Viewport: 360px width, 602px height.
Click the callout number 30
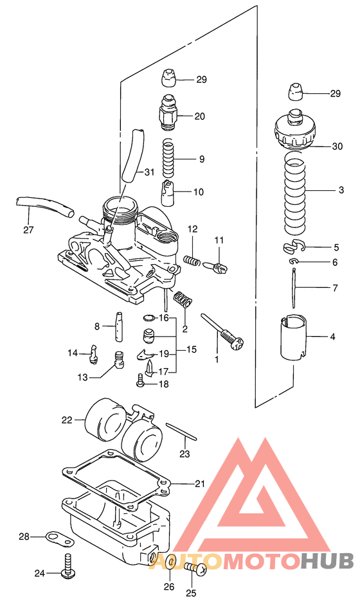point(337,146)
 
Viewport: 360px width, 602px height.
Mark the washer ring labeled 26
point(169,563)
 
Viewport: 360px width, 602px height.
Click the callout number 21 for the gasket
point(201,483)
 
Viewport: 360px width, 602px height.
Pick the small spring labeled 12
point(191,260)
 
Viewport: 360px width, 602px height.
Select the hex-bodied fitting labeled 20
point(167,114)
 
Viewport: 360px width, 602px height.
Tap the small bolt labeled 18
point(141,381)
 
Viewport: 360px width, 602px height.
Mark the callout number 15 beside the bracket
point(192,350)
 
